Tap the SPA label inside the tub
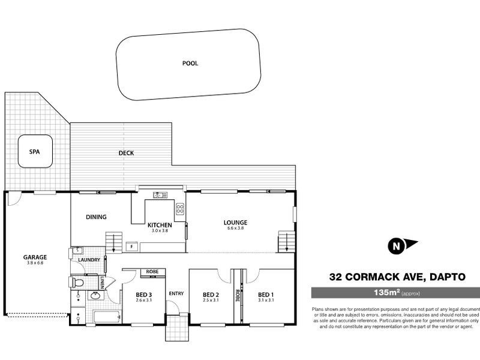coord(34,152)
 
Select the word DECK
coord(126,153)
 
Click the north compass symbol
coord(397,245)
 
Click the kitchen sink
coord(160,194)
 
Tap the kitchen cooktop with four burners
coord(180,208)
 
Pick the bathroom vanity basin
coord(95,295)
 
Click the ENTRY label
coord(176,293)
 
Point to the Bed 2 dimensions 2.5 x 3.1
coord(209,300)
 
